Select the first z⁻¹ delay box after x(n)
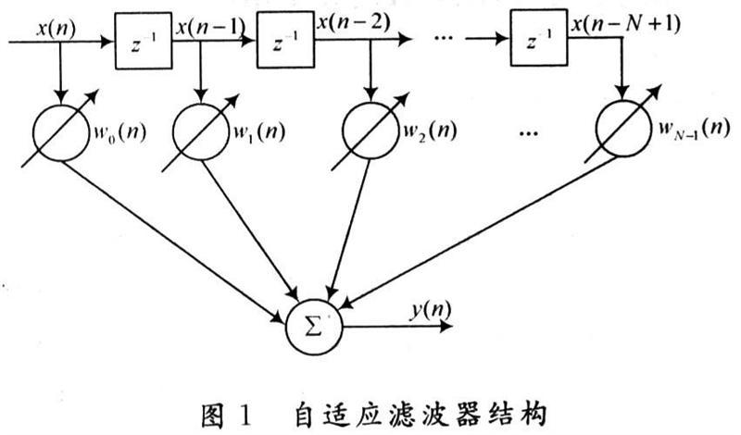pyautogui.click(x=143, y=43)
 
